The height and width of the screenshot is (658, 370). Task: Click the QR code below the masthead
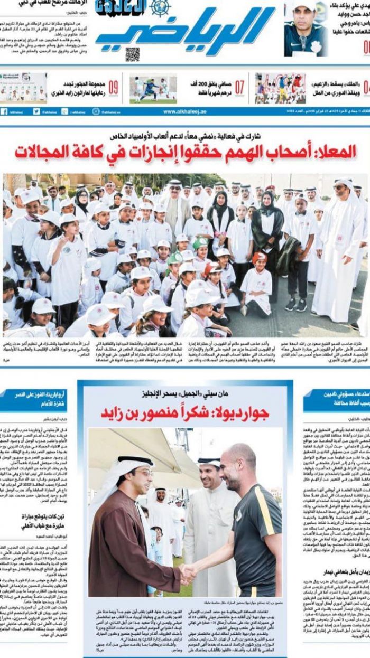[132, 54]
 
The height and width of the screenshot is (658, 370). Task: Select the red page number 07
[240, 87]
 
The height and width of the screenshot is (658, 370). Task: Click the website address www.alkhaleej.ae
[184, 112]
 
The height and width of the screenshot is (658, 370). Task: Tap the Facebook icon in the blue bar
[4, 112]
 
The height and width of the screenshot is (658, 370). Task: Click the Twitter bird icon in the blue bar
[36, 112]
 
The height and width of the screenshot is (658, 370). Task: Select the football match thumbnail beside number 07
[153, 88]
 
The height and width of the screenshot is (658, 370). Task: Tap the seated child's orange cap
[259, 258]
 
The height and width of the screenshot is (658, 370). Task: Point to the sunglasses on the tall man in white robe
[340, 187]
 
